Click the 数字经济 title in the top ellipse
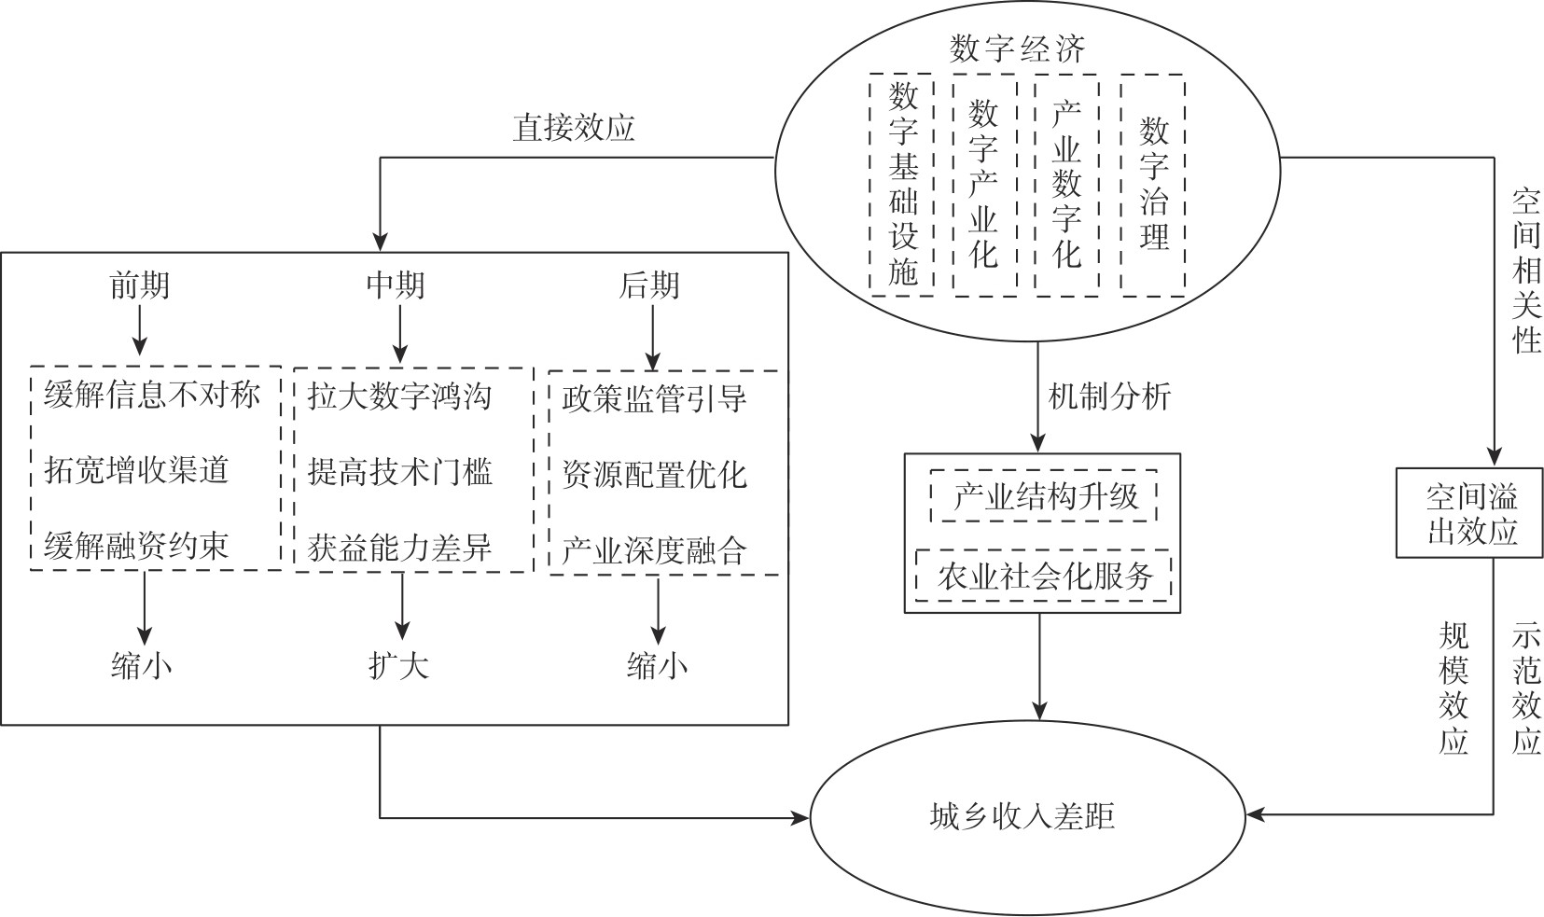click(x=1017, y=49)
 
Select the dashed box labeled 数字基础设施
click(x=902, y=185)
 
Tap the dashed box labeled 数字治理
click(x=1153, y=185)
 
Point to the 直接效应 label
click(x=573, y=127)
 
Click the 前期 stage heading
click(x=140, y=285)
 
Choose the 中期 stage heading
click(x=396, y=285)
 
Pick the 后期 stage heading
click(x=649, y=285)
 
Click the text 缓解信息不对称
click(x=151, y=396)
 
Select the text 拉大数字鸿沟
click(x=399, y=396)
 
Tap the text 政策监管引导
click(x=654, y=399)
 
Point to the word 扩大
click(x=398, y=666)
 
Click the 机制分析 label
click(x=1109, y=397)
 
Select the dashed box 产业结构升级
click(x=1045, y=496)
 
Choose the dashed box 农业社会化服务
click(x=1045, y=576)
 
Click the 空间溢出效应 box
click(x=1471, y=513)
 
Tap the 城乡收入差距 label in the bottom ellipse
click(x=1022, y=817)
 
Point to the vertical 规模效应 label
click(x=1454, y=688)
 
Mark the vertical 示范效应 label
click(x=1526, y=688)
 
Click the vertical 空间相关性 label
click(x=1526, y=271)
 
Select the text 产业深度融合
click(x=654, y=551)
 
